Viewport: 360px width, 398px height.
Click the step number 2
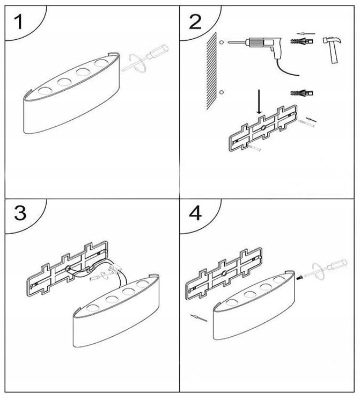tap(195, 22)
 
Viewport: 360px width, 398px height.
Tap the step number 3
tap(20, 213)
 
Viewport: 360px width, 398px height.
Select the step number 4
tap(195, 213)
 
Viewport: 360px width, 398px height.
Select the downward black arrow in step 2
tap(259, 103)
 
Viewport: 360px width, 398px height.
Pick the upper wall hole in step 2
tap(221, 41)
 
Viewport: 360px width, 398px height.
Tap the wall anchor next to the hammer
tap(301, 42)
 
